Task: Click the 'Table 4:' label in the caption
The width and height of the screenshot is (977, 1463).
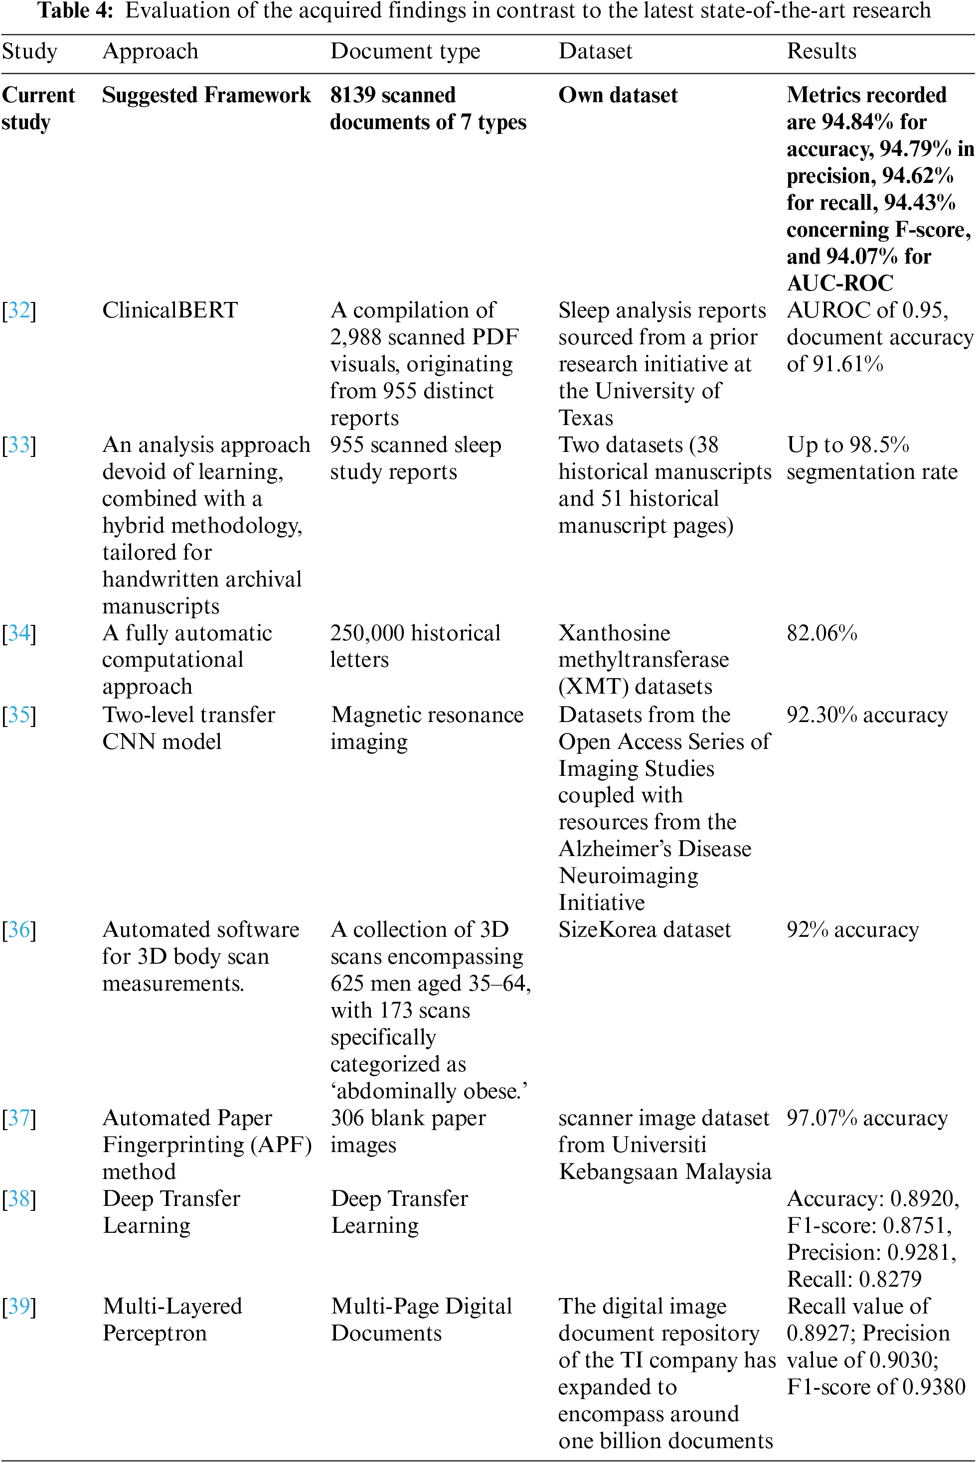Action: pos(75,10)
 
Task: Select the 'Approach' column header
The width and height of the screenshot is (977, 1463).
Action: pos(150,51)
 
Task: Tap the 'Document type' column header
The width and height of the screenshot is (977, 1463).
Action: pos(405,51)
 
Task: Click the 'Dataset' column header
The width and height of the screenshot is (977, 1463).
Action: pos(595,51)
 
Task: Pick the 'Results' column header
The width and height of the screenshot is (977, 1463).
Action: pos(821,51)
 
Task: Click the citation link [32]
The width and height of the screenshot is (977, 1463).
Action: pos(19,310)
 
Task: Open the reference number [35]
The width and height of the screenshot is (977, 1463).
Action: pos(19,715)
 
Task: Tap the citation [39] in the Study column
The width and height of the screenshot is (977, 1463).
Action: pos(19,1306)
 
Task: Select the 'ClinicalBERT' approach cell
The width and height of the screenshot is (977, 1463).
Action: pos(169,310)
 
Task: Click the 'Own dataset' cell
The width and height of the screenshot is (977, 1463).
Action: pos(618,95)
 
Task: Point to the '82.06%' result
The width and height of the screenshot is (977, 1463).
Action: pos(821,633)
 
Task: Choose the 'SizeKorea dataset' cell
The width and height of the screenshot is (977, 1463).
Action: pos(644,929)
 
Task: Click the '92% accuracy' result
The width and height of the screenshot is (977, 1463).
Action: pos(852,929)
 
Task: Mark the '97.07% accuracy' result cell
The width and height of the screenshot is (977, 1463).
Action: pos(867,1118)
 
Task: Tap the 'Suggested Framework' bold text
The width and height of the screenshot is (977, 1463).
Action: pos(206,95)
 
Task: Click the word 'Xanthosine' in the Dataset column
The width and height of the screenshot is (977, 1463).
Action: pos(614,633)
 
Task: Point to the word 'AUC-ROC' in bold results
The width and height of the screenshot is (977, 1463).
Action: pos(839,284)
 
